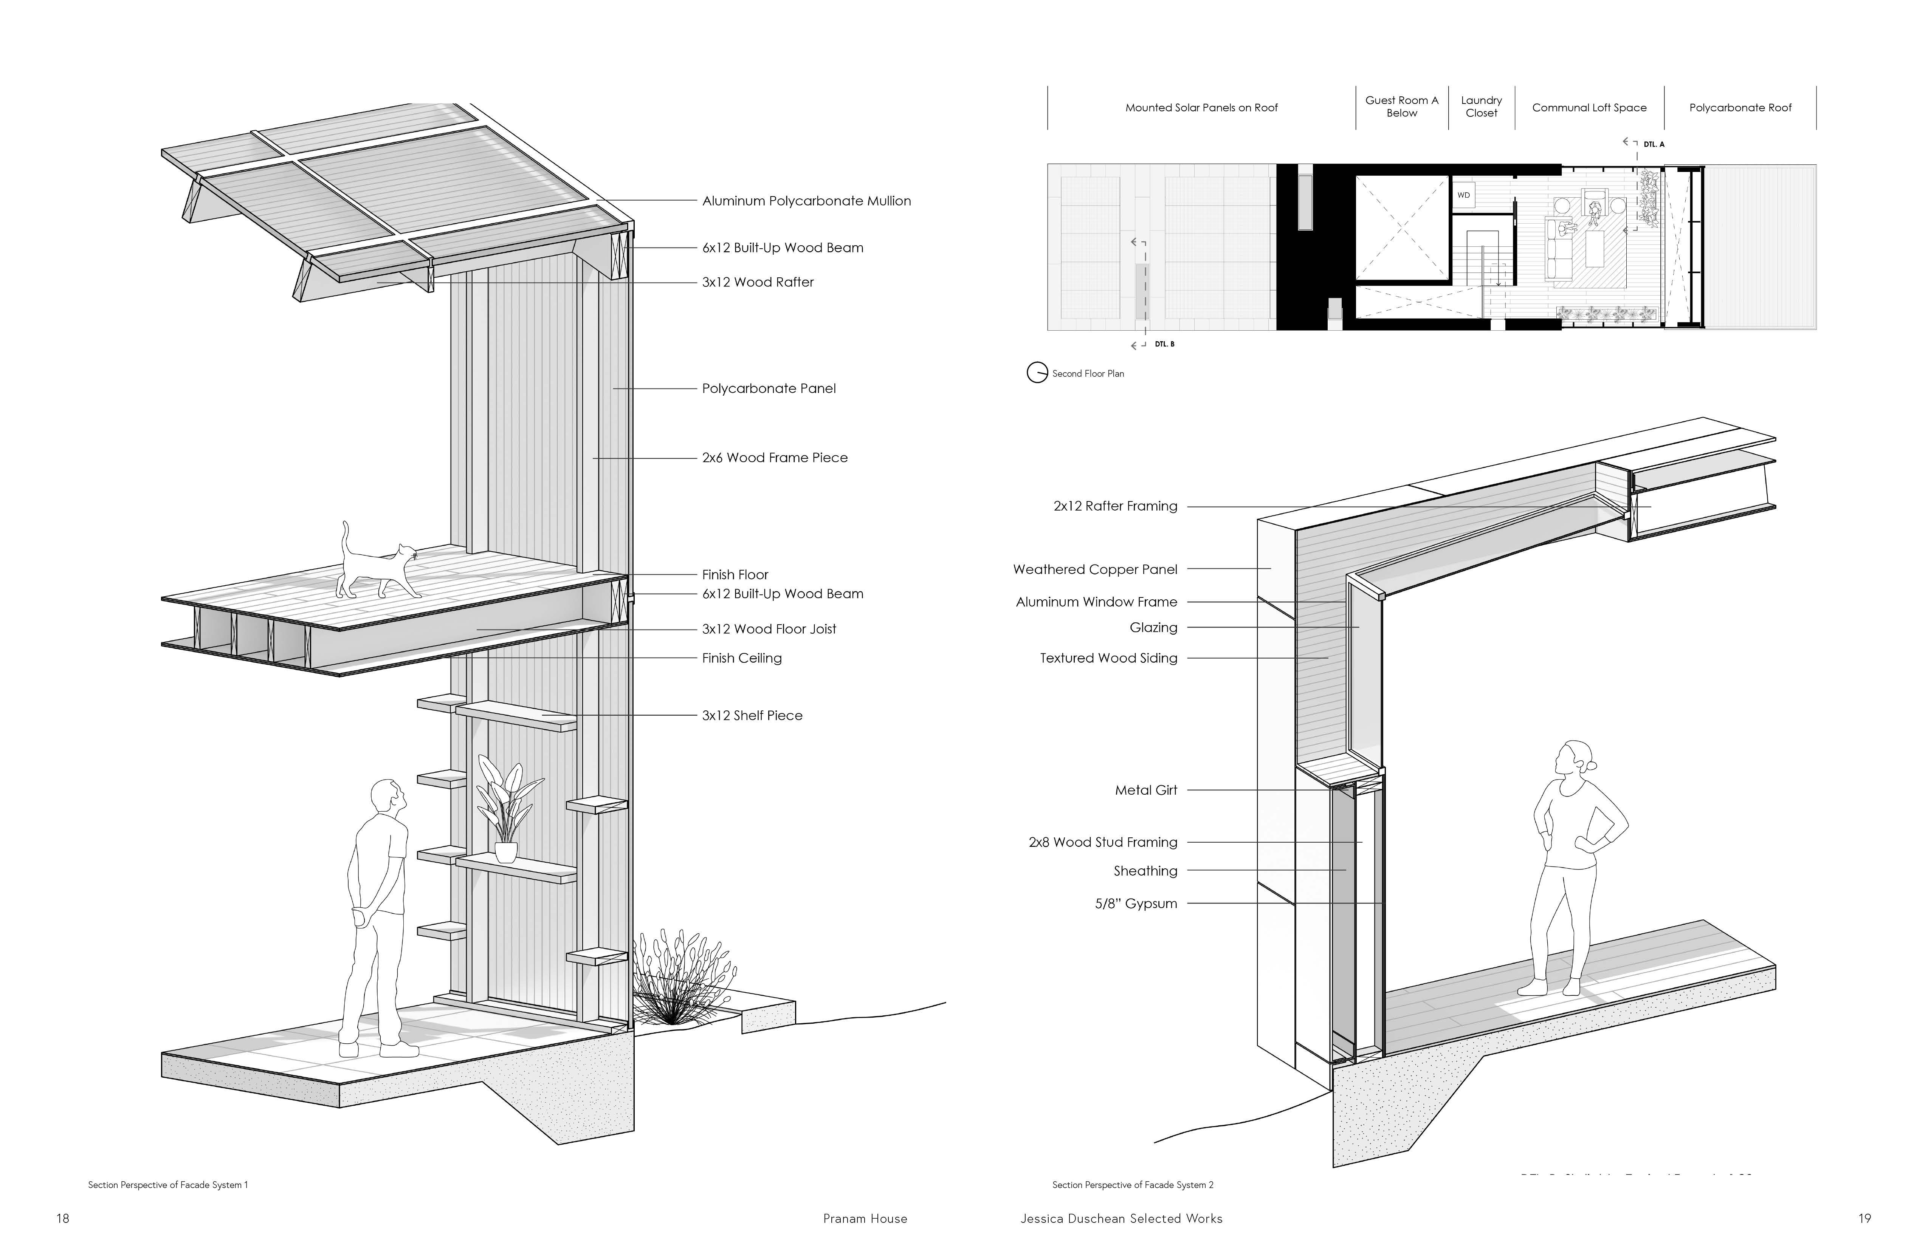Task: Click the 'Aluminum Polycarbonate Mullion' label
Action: coord(806,201)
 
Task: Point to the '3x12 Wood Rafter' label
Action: coord(758,282)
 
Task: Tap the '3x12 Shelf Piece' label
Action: coord(752,716)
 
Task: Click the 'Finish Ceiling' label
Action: coord(741,658)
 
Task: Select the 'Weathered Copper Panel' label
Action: coord(1094,569)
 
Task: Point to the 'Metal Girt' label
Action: coord(1145,790)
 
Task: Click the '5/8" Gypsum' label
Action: coord(1136,904)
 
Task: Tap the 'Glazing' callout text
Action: coord(1153,628)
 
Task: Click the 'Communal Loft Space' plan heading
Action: coord(1589,108)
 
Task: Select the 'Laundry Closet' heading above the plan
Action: coord(1481,107)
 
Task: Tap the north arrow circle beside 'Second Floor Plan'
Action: coord(1037,373)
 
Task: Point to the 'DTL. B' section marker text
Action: coord(1164,344)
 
